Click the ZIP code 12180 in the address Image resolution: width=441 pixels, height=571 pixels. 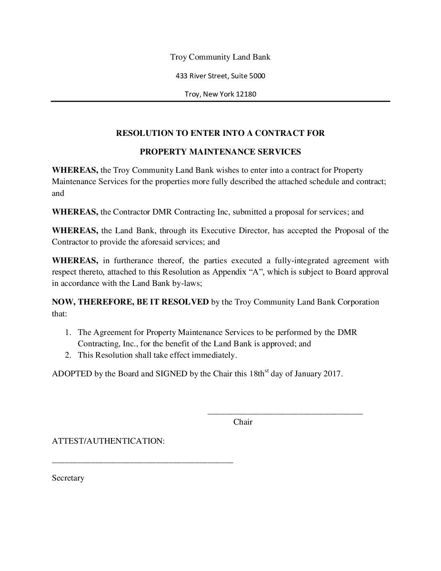tap(246, 94)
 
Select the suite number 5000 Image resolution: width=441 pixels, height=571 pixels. tap(257, 75)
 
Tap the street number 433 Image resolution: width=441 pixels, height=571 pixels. tap(181, 75)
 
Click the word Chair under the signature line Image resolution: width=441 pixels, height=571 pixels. tap(243, 422)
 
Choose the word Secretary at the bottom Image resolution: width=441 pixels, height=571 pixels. tap(68, 478)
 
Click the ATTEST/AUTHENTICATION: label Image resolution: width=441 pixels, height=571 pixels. tap(108, 441)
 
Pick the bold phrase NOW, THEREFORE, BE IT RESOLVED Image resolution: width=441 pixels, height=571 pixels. tap(130, 302)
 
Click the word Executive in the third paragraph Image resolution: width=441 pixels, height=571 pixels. tap(218, 231)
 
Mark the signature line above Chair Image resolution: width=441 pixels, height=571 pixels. tap(285, 413)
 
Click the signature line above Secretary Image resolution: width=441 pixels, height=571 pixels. tap(142, 462)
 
